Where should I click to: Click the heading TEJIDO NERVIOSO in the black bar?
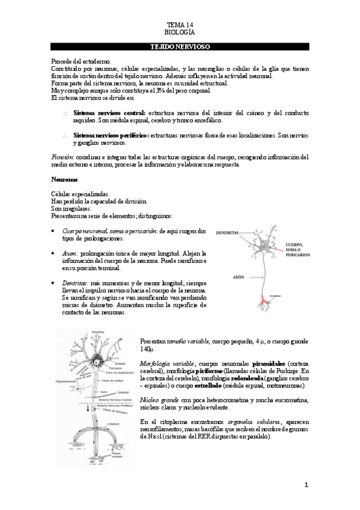point(180,46)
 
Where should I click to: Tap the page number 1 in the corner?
point(305,484)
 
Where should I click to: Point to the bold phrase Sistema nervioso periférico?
point(111,136)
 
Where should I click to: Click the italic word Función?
point(63,156)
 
